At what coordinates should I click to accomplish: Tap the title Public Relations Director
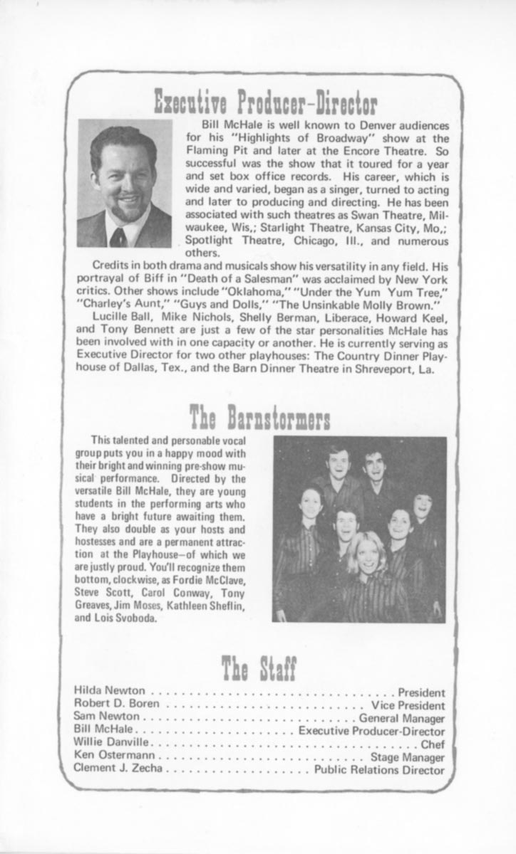380,770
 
